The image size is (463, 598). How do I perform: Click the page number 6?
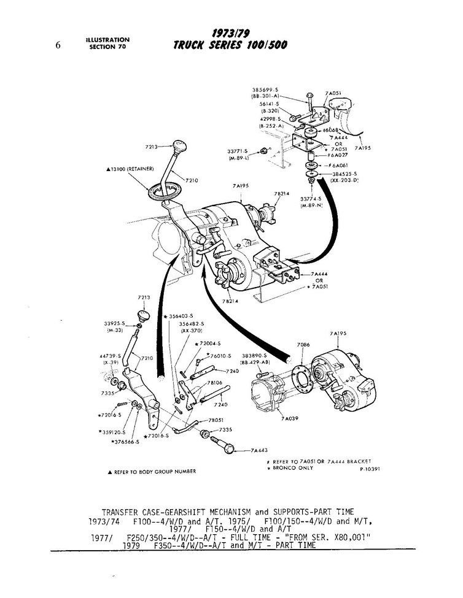pos(57,44)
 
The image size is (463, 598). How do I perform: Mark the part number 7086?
pos(303,346)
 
